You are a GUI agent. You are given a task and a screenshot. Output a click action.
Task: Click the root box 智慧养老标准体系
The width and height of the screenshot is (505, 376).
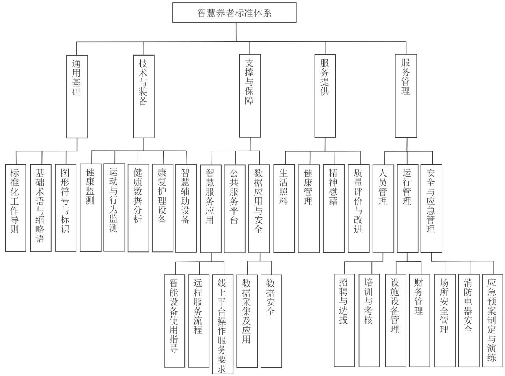coord(235,13)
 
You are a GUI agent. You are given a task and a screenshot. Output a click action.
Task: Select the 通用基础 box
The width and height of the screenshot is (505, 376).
coord(76,96)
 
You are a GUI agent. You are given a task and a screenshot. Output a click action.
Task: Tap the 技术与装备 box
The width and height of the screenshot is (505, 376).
coord(143,96)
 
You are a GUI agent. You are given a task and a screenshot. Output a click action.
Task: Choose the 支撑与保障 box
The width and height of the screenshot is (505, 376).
coord(250,96)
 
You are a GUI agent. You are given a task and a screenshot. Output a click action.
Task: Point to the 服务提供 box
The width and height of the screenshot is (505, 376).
coord(325,96)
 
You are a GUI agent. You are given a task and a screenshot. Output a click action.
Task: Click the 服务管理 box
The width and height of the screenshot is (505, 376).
coord(406,96)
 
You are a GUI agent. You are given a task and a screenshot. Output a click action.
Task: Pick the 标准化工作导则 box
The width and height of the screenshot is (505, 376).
coord(15,208)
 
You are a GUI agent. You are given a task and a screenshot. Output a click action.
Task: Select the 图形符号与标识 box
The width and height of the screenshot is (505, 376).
coord(65,208)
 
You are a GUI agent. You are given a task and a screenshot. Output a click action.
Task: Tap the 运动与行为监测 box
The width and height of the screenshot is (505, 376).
coord(114,208)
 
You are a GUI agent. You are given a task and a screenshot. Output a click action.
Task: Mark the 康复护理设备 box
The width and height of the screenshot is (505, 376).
coord(162,208)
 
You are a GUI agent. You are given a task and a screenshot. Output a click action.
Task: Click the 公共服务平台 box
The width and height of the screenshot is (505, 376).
coord(234,208)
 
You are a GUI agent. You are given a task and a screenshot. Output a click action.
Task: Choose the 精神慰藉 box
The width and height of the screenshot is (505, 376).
coord(333,208)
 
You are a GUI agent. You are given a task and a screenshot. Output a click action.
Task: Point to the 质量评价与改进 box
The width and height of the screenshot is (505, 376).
coord(358,208)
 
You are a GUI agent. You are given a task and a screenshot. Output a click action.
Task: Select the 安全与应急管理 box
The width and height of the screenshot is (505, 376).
coord(431,208)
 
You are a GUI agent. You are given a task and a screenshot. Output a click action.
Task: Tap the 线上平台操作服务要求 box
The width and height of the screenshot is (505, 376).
coord(222,324)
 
